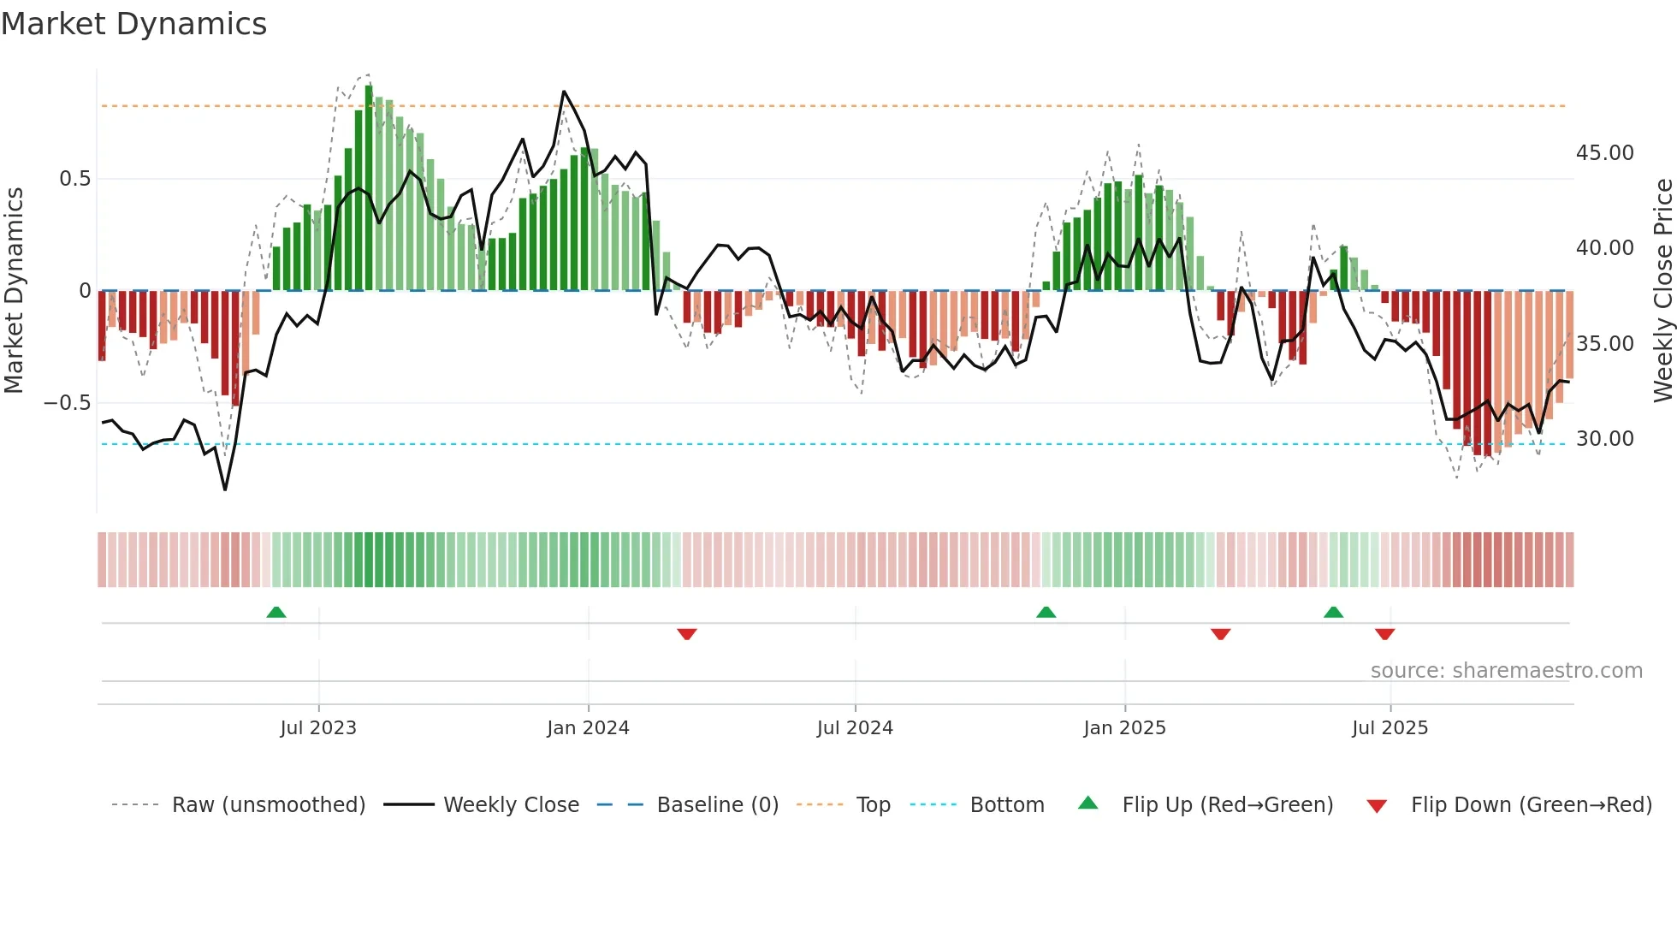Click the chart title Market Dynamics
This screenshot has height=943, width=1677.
(133, 24)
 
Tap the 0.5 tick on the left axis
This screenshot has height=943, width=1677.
(74, 179)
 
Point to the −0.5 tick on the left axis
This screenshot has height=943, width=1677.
(68, 403)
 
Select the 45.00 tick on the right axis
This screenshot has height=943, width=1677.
(1604, 153)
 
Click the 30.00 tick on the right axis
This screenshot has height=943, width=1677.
(1604, 439)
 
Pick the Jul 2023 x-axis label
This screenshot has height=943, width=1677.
(318, 728)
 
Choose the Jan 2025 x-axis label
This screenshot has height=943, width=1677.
(1124, 728)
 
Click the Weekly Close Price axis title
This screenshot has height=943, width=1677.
(1662, 290)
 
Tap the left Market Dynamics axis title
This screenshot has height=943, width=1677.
(15, 290)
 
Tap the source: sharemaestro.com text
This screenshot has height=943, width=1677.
(1506, 671)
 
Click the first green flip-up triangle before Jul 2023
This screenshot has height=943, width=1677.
(276, 613)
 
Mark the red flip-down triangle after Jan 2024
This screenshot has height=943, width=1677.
(686, 634)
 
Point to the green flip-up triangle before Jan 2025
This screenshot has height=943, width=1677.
(1046, 613)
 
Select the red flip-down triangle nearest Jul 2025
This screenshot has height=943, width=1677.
(1384, 634)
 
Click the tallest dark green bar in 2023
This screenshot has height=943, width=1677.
(369, 188)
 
